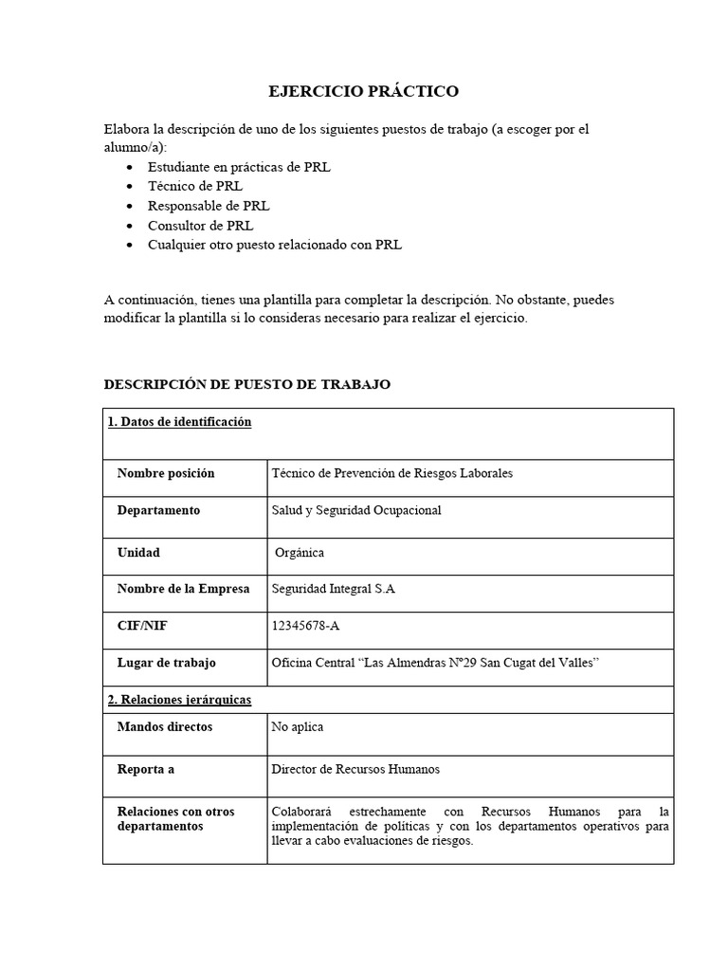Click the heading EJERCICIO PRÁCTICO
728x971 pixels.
tap(364, 91)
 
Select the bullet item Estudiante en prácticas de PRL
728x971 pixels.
tap(239, 166)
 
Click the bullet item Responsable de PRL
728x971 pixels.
tap(208, 206)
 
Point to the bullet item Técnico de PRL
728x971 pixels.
tap(195, 186)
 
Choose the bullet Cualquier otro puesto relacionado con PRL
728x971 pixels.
tap(274, 245)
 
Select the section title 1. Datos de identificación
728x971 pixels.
tap(180, 423)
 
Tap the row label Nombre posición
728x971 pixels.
tap(166, 473)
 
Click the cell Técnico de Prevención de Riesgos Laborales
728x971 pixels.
tap(391, 473)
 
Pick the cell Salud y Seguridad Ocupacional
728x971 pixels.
tap(356, 510)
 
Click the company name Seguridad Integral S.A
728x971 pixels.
tap(333, 589)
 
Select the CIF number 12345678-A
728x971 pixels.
tap(312, 626)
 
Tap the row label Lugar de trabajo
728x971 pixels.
tap(167, 663)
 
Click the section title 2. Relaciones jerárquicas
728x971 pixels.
tap(179, 700)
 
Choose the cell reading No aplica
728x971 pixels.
tap(298, 727)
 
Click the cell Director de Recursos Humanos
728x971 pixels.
tap(355, 769)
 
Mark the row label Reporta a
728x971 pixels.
tap(146, 769)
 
